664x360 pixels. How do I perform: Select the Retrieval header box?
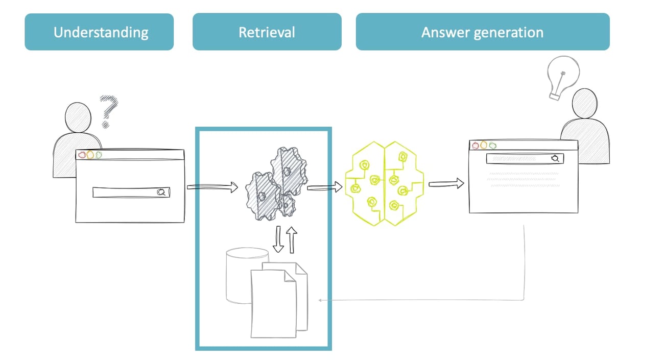[267, 32]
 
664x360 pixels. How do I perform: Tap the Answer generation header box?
[482, 32]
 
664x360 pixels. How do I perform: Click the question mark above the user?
[108, 110]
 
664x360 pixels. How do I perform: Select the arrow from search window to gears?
[212, 187]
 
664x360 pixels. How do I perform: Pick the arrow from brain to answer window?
[446, 183]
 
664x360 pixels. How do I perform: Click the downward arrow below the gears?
[279, 241]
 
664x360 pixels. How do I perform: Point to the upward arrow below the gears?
[292, 239]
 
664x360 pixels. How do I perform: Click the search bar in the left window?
[131, 193]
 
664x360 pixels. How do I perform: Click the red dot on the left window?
[82, 155]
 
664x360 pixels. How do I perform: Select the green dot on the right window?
[492, 145]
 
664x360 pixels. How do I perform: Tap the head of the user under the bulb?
[584, 103]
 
